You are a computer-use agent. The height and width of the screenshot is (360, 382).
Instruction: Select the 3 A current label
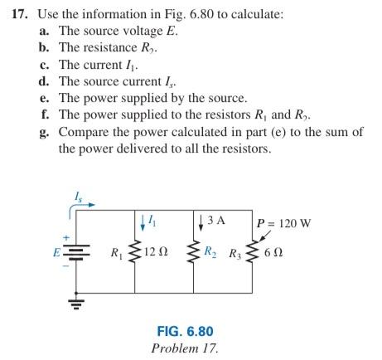(216, 221)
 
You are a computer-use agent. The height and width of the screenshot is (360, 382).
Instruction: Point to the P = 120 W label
(284, 223)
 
